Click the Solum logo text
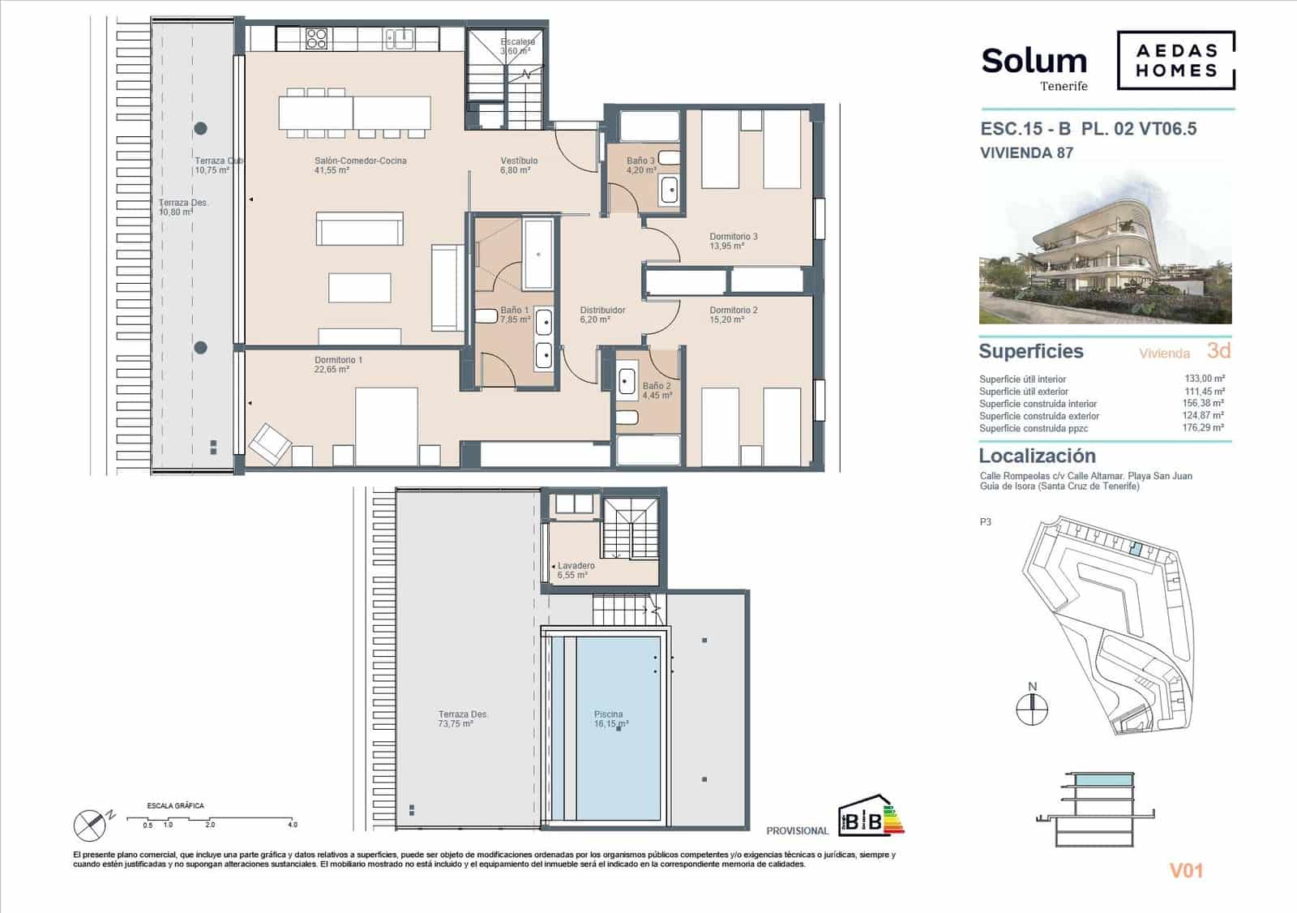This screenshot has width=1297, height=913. tap(1034, 62)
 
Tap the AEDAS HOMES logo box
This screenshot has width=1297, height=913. tap(1176, 60)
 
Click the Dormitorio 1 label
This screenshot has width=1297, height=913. tap(338, 360)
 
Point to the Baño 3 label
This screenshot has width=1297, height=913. tap(640, 161)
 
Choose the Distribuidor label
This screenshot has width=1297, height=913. tap(602, 311)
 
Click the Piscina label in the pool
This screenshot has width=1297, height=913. tap(608, 715)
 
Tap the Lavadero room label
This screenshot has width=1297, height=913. tap(576, 566)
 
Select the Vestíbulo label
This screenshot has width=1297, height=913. tap(519, 161)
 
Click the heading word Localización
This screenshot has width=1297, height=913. tap(1037, 456)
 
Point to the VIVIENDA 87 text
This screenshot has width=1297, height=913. tap(1026, 152)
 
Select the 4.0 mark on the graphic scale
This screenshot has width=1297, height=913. tap(292, 825)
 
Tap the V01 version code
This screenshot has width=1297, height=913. tap(1186, 871)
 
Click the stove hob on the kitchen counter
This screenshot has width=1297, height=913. tap(316, 38)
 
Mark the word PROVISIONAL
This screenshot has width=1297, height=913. tap(797, 831)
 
